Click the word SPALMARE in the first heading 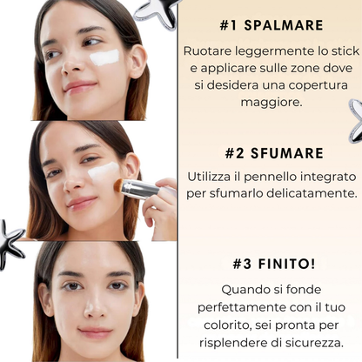click(x=284, y=25)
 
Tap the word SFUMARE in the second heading click(x=287, y=153)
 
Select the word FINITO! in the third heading click(x=286, y=264)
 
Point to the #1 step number click(x=228, y=25)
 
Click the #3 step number click(x=242, y=264)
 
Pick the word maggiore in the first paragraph click(x=271, y=103)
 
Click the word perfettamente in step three click(x=242, y=308)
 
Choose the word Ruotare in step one click(x=207, y=51)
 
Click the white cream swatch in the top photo click(x=104, y=57)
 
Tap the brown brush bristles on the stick click(x=118, y=185)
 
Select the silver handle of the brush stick click(x=140, y=189)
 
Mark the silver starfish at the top click(x=157, y=13)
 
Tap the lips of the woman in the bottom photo click(x=96, y=332)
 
